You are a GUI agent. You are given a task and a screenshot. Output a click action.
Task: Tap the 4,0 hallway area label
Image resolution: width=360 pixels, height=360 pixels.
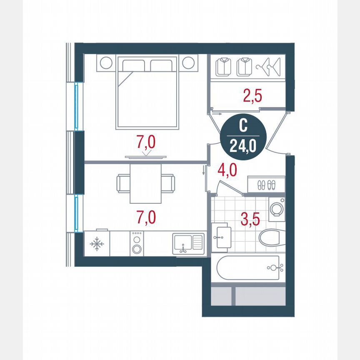(227, 171)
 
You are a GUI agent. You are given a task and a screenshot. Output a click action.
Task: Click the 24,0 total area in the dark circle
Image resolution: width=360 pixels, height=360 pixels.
(242, 146)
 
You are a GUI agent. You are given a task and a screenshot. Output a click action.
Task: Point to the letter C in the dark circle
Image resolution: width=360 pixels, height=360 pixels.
(242, 125)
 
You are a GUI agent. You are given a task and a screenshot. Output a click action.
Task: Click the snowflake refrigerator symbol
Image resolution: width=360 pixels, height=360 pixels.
(97, 244)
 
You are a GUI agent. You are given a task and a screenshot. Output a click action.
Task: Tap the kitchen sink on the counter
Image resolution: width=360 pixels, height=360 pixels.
(188, 243)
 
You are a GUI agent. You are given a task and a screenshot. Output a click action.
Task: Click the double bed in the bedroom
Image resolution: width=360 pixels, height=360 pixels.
(147, 92)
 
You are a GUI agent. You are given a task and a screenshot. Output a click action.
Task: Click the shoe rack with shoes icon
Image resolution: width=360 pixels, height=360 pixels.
(266, 184)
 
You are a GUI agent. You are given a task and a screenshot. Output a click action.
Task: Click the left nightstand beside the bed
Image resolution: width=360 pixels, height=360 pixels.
(105, 63)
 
